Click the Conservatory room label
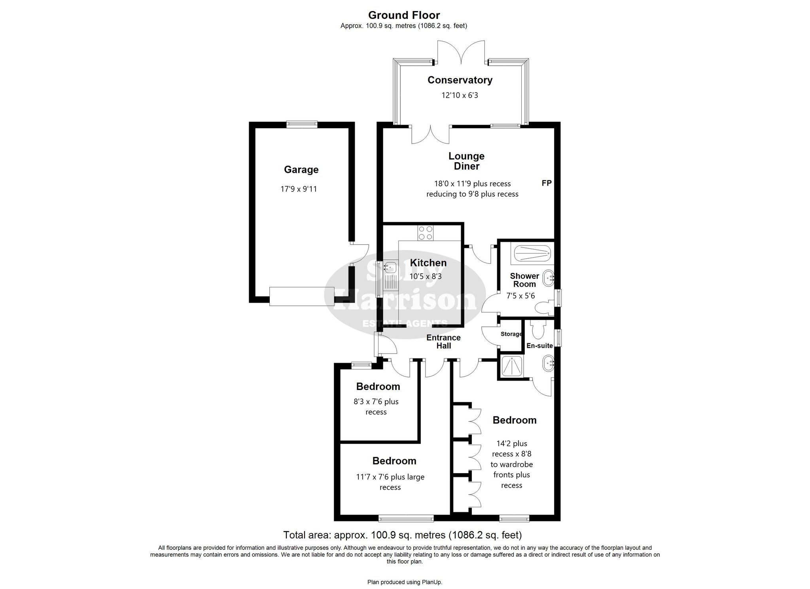(x=460, y=80)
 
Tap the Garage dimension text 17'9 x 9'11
(x=299, y=189)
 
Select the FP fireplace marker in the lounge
(x=546, y=183)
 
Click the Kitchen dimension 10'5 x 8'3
(x=425, y=277)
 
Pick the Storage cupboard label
(x=511, y=334)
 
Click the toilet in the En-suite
(x=538, y=329)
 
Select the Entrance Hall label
(x=443, y=341)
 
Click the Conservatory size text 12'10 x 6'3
(x=460, y=95)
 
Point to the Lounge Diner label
(x=466, y=161)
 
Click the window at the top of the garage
(x=302, y=124)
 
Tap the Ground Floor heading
(x=404, y=15)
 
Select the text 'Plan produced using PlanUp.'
(x=405, y=582)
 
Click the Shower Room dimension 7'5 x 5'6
(x=520, y=295)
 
